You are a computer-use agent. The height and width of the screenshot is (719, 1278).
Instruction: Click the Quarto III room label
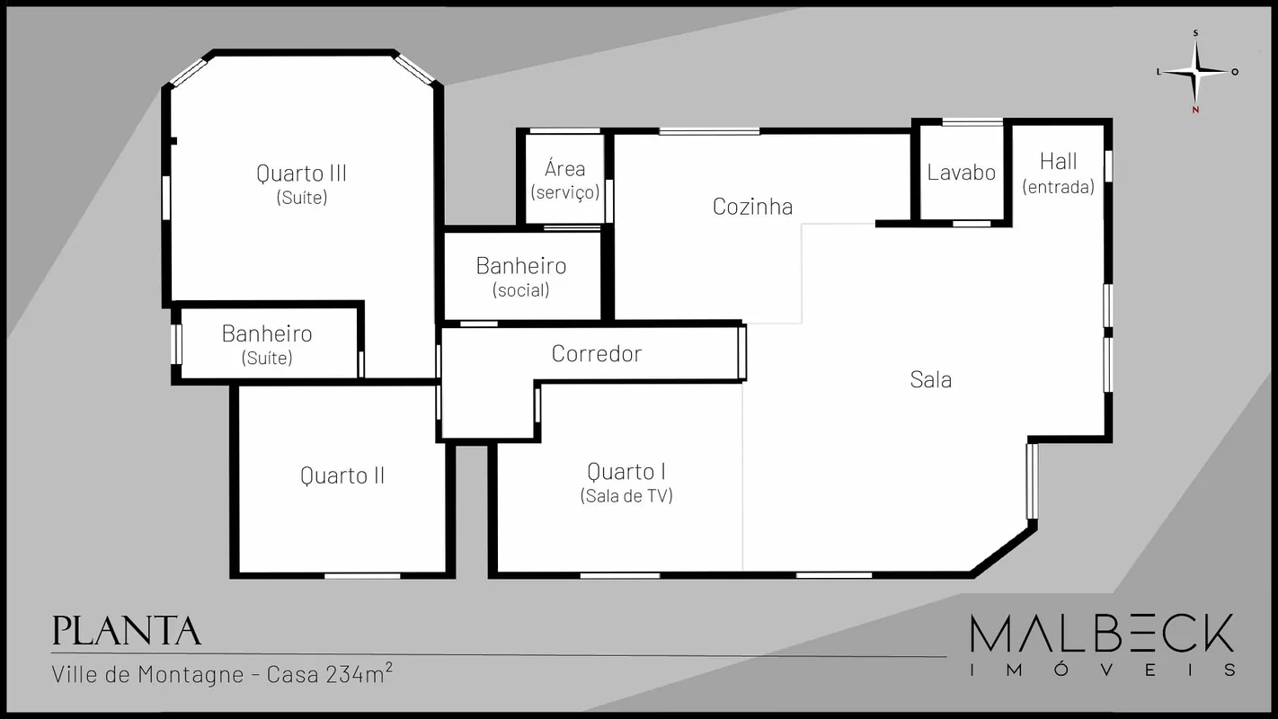pyautogui.click(x=301, y=173)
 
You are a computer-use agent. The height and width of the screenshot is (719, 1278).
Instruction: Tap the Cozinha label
pyautogui.click(x=752, y=207)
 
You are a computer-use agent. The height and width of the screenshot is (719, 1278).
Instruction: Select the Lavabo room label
pyautogui.click(x=962, y=173)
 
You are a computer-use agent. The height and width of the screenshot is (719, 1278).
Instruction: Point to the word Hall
pyautogui.click(x=1059, y=162)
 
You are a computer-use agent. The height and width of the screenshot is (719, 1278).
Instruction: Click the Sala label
pyautogui.click(x=930, y=379)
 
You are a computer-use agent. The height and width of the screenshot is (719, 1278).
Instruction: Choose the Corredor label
pyautogui.click(x=596, y=354)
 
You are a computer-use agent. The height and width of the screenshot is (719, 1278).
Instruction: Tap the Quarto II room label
pyautogui.click(x=342, y=475)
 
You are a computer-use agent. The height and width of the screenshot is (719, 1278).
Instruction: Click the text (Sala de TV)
pyautogui.click(x=626, y=496)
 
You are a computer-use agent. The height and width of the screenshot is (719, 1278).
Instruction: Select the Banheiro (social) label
pyautogui.click(x=521, y=278)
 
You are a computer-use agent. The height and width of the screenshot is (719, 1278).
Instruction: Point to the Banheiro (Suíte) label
pyautogui.click(x=267, y=345)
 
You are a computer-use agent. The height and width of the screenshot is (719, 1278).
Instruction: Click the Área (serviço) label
pyautogui.click(x=564, y=181)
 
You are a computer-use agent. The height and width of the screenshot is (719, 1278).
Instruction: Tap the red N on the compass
pyautogui.click(x=1195, y=111)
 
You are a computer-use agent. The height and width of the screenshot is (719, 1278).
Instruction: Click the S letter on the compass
pyautogui.click(x=1195, y=33)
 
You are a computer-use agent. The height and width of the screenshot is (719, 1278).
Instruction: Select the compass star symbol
pyautogui.click(x=1196, y=72)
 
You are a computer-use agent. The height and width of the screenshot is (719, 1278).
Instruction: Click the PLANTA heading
pyautogui.click(x=126, y=631)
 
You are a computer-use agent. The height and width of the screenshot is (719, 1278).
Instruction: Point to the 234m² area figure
pyautogui.click(x=359, y=673)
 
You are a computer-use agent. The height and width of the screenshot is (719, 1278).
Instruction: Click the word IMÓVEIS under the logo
pyautogui.click(x=1104, y=670)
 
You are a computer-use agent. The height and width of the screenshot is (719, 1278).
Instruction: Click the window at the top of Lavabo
pyautogui.click(x=972, y=121)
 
